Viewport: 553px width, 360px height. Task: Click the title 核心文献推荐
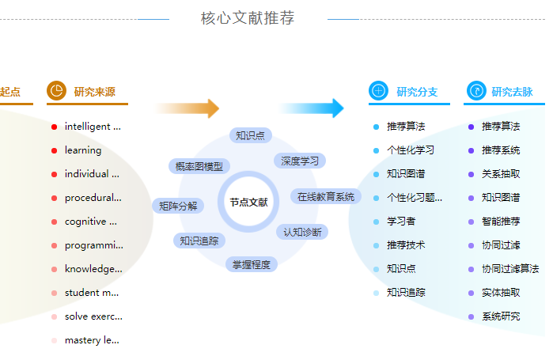248,17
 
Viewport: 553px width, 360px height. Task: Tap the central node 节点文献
248,203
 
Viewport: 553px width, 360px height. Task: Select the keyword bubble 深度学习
300,161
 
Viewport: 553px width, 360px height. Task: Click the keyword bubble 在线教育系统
326,196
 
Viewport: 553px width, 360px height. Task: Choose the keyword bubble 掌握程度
251,264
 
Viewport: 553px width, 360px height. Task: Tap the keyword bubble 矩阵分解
178,206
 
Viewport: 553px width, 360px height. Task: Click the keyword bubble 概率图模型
199,166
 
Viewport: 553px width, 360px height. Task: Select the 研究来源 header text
95,92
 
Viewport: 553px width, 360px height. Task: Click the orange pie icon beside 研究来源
56,91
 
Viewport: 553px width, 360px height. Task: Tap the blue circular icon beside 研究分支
378,91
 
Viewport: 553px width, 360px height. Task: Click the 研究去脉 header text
512,92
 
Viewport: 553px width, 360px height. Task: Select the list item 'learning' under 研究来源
83,150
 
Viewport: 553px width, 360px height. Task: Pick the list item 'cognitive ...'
90,222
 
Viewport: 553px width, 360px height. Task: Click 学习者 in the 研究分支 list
401,222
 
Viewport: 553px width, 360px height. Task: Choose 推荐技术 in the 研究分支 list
406,245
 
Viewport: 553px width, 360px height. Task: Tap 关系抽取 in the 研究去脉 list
501,174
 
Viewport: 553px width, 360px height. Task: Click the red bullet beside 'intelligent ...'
54,127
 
